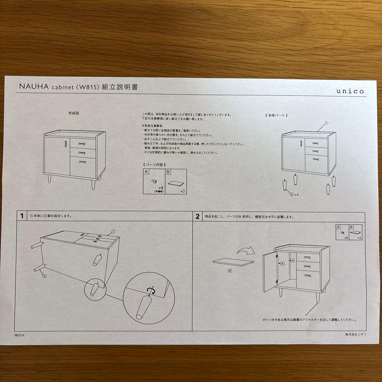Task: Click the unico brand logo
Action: tap(350, 91)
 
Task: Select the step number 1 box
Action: tap(22, 216)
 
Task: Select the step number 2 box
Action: tap(197, 216)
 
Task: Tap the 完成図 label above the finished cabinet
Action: tap(73, 114)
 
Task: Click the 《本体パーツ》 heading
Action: tap(276, 115)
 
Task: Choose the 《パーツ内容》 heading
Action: tap(154, 164)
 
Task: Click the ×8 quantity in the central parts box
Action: tap(160, 187)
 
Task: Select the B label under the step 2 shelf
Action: tap(230, 271)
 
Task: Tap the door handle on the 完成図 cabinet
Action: tap(65, 143)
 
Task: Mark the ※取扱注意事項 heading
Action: tap(152, 126)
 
